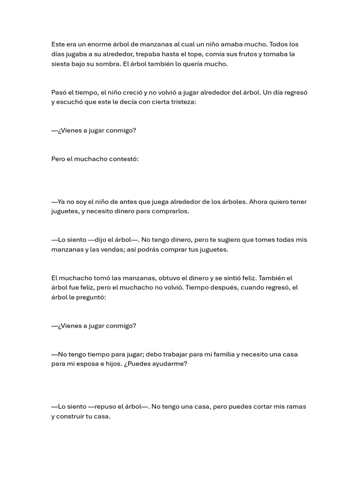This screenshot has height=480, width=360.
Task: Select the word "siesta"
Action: click(x=61, y=64)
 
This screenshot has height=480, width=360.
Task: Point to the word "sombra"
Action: click(x=109, y=64)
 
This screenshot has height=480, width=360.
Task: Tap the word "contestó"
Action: click(x=124, y=159)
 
